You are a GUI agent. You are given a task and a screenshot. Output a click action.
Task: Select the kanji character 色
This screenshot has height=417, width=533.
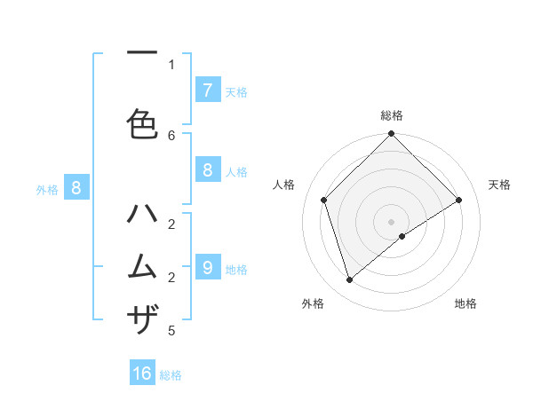(142, 123)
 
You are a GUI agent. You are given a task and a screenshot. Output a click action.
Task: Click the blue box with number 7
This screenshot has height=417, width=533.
(207, 90)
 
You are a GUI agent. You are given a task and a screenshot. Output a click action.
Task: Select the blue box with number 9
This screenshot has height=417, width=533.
(207, 266)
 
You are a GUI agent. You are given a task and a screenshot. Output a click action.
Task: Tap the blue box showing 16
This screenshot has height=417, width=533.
(142, 374)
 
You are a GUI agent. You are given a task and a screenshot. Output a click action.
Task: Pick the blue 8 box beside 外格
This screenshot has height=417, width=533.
(76, 188)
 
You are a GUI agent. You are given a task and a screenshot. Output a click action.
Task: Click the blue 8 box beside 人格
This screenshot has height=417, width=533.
(207, 170)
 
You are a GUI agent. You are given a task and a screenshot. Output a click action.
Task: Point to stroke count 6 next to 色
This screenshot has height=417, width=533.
(171, 135)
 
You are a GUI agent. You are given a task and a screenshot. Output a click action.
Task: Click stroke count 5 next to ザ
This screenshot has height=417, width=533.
(171, 331)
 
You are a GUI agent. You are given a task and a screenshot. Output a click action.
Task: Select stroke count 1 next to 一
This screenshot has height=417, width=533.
(171, 64)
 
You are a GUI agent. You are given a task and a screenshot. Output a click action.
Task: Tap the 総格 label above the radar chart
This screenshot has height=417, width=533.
(391, 115)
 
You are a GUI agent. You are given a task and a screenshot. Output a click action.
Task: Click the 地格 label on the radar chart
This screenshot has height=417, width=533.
(465, 303)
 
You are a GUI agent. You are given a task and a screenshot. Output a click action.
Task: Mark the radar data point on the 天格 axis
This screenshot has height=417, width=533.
(459, 201)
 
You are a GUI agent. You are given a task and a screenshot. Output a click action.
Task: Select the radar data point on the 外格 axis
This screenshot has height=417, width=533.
(350, 280)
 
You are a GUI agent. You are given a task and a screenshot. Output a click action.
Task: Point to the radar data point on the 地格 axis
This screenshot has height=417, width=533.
(402, 236)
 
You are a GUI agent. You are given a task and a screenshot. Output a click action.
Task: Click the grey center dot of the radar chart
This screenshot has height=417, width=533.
(391, 221)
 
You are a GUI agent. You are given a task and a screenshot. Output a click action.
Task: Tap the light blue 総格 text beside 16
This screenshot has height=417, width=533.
(171, 374)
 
